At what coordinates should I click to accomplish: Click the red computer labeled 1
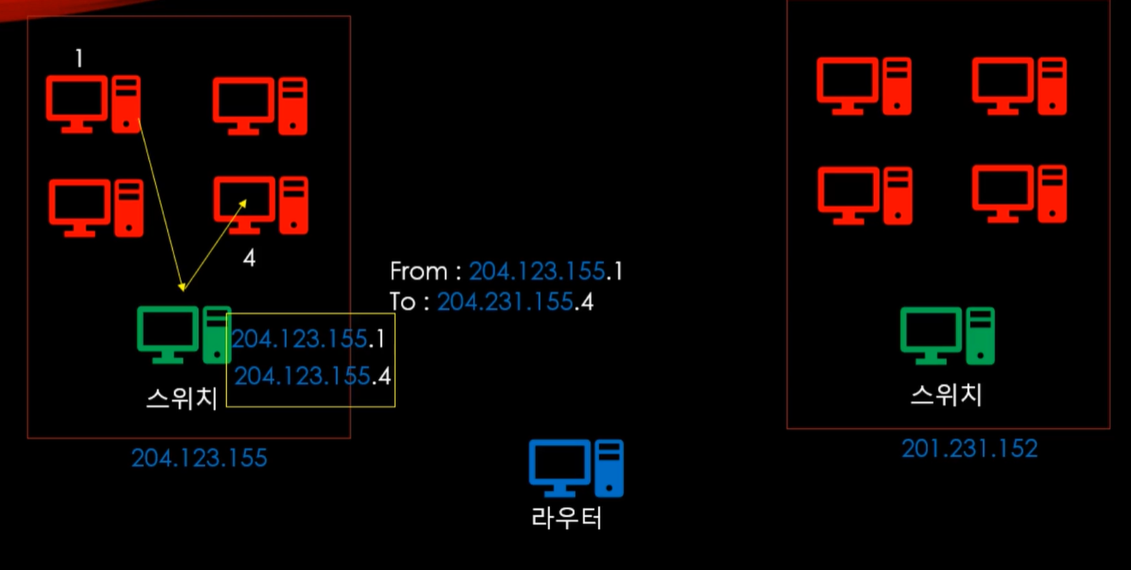[93, 104]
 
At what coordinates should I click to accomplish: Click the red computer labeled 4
[260, 205]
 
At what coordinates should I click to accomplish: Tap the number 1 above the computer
[79, 58]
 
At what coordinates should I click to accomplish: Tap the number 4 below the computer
[248, 258]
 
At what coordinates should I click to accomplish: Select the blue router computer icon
[576, 468]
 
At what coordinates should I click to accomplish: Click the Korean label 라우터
[566, 518]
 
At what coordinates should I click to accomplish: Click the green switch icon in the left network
[183, 335]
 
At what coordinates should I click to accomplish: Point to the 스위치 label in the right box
[946, 395]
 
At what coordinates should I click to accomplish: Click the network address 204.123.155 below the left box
[199, 459]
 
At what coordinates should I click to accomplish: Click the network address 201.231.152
[969, 448]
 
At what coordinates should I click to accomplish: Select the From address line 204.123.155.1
[506, 272]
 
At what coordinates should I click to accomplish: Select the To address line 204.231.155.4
[492, 302]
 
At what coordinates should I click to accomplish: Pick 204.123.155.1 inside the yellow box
[308, 339]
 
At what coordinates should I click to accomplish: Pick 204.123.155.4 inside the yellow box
[313, 376]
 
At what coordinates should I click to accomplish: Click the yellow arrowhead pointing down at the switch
[181, 287]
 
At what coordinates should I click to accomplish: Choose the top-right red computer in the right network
[1019, 86]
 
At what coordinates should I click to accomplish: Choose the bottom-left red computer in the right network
[865, 194]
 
